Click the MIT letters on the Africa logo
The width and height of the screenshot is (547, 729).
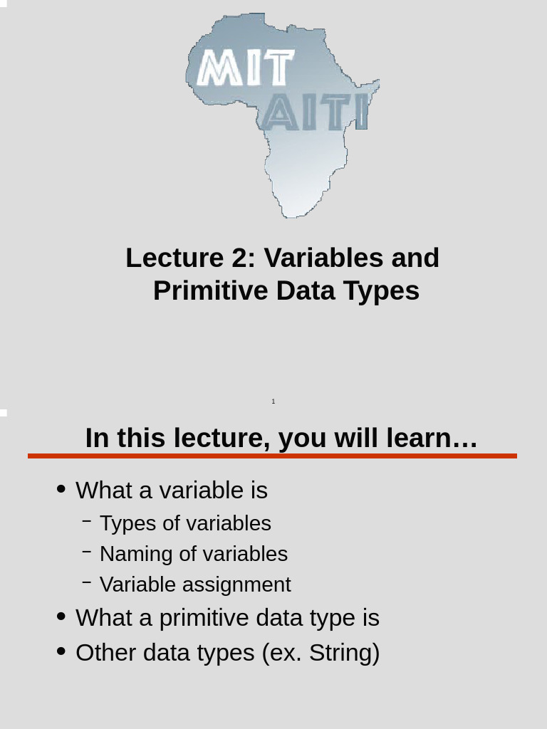point(244,68)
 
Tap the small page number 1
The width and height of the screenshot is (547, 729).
point(273,402)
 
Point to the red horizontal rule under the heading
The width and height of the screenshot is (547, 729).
point(272,456)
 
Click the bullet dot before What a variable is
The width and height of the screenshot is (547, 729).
point(61,489)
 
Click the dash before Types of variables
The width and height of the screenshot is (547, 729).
point(86,521)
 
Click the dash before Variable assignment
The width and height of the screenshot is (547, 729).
point(86,582)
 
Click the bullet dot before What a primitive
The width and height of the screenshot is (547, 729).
point(61,617)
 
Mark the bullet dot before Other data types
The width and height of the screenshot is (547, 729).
point(61,651)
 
